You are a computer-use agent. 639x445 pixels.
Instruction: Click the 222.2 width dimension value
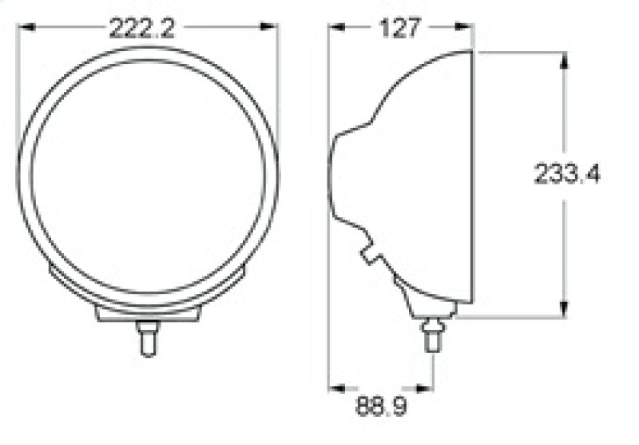pos(141,29)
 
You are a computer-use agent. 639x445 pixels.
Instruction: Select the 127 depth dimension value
pos(400,29)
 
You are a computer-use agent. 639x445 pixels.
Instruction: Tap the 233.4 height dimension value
pos(567,174)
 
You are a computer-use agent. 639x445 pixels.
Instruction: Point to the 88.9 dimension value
pos(381,407)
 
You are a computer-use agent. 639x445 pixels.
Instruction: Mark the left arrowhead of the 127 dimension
pos(337,27)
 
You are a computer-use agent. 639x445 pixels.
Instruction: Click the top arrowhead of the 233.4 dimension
pos(564,61)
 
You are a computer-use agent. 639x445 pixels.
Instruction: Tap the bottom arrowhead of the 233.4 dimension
pos(564,310)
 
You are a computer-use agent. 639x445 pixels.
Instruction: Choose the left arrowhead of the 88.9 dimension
pos(337,387)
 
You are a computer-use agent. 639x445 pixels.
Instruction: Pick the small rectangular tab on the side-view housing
pos(372,254)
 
